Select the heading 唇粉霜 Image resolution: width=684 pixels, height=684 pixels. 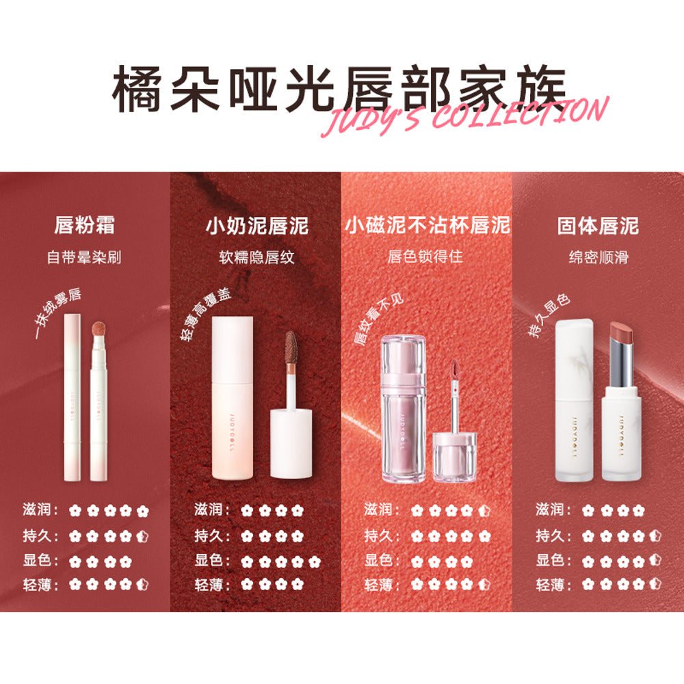pos(85,225)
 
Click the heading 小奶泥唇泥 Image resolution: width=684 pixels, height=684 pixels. pos(256,225)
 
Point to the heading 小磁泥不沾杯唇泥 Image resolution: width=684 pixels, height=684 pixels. pos(427,225)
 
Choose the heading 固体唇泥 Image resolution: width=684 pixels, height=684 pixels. pos(598,225)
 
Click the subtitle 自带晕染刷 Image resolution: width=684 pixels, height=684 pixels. pos(85,258)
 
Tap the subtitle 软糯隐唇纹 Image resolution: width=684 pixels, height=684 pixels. pos(256,258)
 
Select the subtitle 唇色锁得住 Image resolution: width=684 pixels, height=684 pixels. pos(427,258)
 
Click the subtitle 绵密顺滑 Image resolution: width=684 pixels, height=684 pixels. pos(598,258)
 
